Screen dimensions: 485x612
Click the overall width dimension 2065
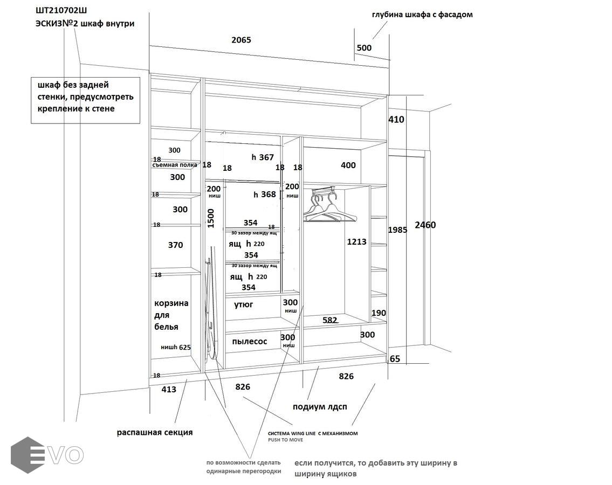pyautogui.click(x=241, y=40)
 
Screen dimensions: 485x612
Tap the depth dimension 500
pyautogui.click(x=364, y=48)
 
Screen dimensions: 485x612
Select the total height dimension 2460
pyautogui.click(x=425, y=225)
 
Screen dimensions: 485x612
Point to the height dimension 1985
pyautogui.click(x=397, y=230)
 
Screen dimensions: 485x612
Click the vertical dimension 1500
pyautogui.click(x=211, y=218)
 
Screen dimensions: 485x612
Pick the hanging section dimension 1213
pyautogui.click(x=356, y=242)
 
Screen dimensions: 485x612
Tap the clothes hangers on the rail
pyautogui.click(x=329, y=207)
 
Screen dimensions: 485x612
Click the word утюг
pyautogui.click(x=244, y=304)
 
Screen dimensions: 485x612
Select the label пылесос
pyautogui.click(x=250, y=341)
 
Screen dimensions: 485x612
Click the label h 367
pyautogui.click(x=263, y=157)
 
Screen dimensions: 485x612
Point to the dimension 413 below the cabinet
pyautogui.click(x=169, y=389)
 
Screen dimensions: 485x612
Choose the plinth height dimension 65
pyautogui.click(x=395, y=359)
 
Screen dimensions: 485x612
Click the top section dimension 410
pyautogui.click(x=396, y=120)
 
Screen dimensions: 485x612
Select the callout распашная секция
pyautogui.click(x=155, y=432)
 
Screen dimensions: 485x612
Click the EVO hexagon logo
pyautogui.click(x=28, y=455)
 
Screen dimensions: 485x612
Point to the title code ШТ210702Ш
pyautogui.click(x=61, y=11)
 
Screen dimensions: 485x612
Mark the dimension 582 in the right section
pyautogui.click(x=329, y=320)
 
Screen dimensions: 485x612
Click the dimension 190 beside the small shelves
pyautogui.click(x=379, y=313)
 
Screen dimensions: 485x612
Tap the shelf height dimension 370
pyautogui.click(x=175, y=245)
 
